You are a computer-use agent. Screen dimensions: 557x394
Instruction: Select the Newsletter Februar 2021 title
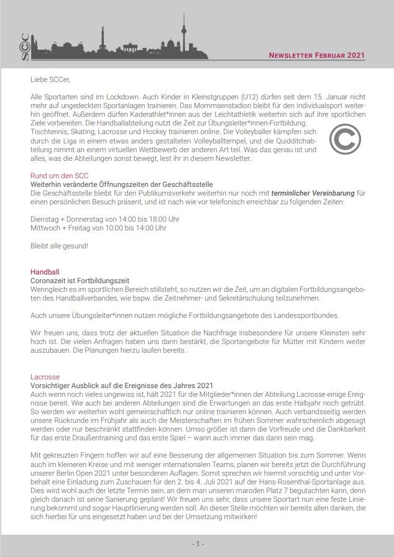pyautogui.click(x=317, y=55)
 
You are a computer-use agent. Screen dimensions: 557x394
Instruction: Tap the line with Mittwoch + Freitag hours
pyautogui.click(x=98, y=228)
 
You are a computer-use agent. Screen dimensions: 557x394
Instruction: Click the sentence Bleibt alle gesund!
pyautogui.click(x=59, y=246)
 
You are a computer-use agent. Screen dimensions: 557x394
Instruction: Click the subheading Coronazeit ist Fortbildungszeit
pyautogui.click(x=80, y=281)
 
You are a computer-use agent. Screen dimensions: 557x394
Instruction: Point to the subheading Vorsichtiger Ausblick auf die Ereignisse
pyautogui.click(x=122, y=386)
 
